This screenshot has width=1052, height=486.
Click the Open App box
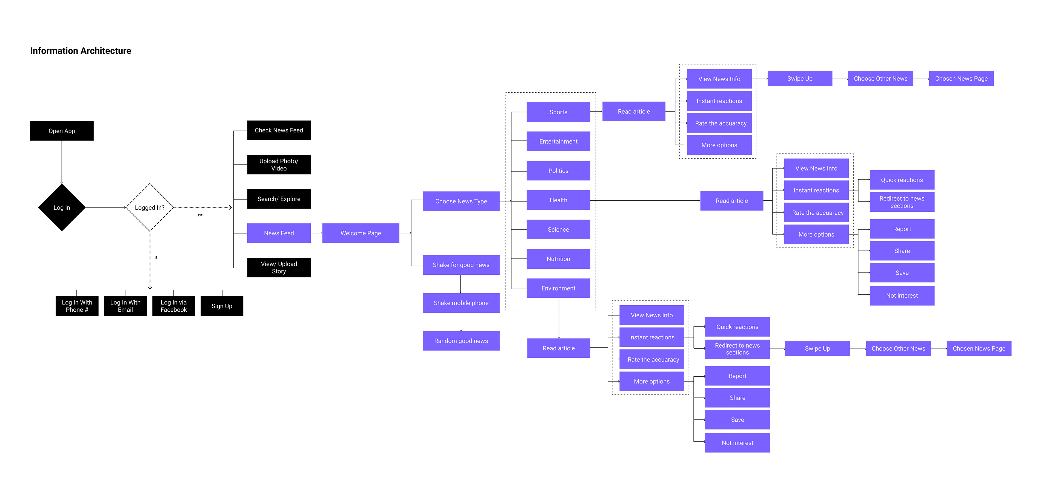[62, 131]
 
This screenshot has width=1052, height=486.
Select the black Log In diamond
[62, 208]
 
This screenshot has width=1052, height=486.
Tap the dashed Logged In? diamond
[150, 208]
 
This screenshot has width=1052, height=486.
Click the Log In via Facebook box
[174, 306]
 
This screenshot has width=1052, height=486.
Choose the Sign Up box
[222, 306]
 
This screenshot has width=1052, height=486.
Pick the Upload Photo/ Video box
[279, 164]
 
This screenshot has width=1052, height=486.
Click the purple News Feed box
[279, 233]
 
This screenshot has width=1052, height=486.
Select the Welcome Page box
[361, 233]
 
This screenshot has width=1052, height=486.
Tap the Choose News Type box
[461, 201]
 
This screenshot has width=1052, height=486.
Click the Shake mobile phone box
[461, 303]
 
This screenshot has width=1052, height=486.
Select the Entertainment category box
[558, 141]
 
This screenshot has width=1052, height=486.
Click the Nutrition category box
[558, 259]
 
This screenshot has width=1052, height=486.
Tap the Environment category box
[558, 288]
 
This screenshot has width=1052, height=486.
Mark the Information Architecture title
[81, 51]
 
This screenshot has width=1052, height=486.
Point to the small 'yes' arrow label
[200, 215]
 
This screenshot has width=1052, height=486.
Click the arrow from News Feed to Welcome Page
[316, 233]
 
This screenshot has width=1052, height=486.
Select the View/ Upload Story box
[279, 267]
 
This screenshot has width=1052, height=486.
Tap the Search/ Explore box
[279, 199]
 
